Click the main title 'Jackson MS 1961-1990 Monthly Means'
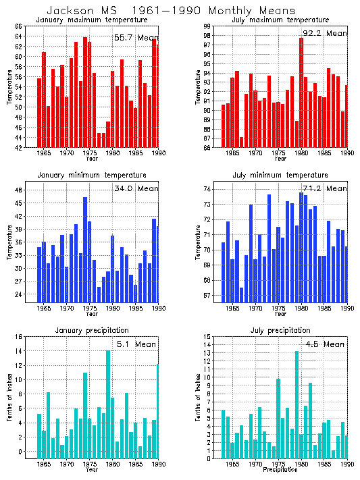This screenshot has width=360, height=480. coord(170,11)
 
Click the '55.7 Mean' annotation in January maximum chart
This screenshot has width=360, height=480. coord(135,37)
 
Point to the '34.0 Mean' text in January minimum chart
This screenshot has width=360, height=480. coord(135,188)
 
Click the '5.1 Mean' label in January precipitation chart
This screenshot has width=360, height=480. coord(137,344)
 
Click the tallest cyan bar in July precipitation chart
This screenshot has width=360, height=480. coord(297,405)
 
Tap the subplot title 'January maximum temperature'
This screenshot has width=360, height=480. coord(91,20)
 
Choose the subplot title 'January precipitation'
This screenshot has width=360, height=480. coord(91,329)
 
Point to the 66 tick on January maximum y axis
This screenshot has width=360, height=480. coord(19,26)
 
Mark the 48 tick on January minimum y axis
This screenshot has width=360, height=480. coord(19,190)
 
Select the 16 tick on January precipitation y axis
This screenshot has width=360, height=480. coord(19,337)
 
